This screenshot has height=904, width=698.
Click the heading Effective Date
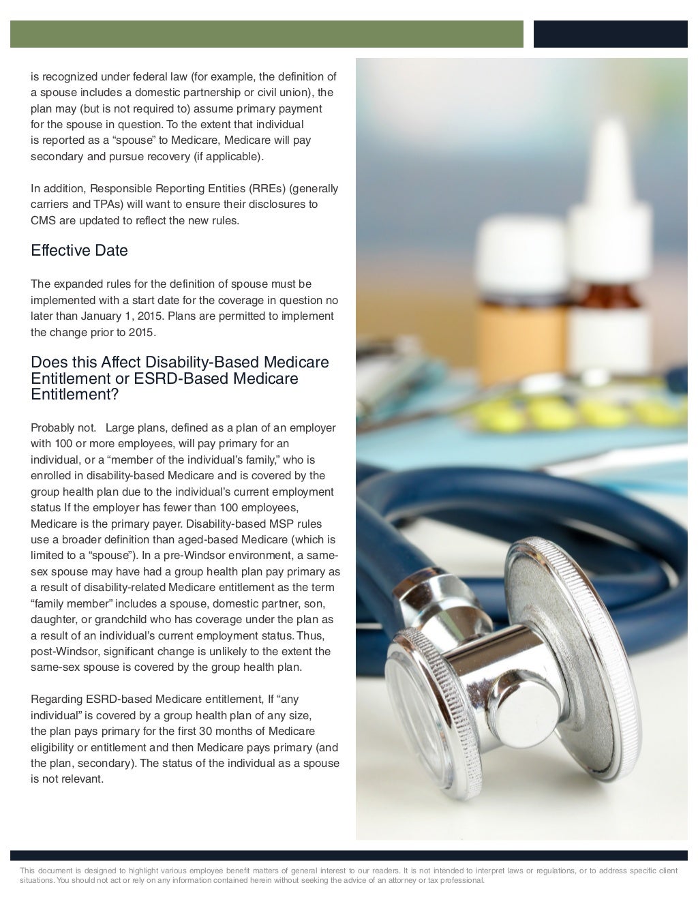point(79,251)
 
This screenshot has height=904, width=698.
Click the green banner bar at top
point(267,34)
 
